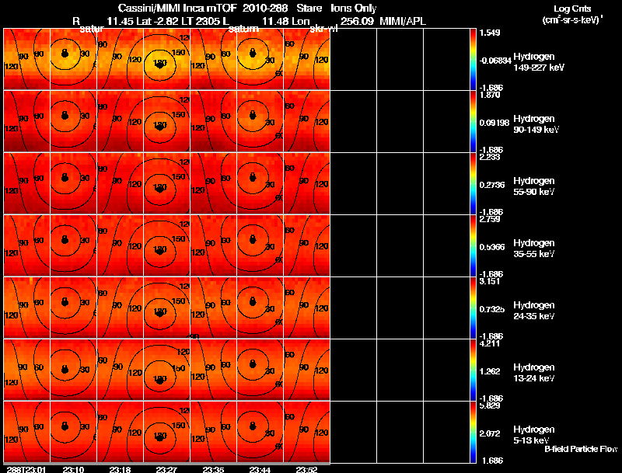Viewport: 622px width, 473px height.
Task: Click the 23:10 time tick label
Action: pyautogui.click(x=74, y=469)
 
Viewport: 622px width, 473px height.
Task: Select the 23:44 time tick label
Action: pyautogui.click(x=260, y=469)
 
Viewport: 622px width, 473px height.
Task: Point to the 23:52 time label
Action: pyautogui.click(x=306, y=469)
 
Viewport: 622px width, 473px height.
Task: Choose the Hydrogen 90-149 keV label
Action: pyautogui.click(x=536, y=124)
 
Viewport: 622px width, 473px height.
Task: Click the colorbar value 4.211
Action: pyautogui.click(x=491, y=343)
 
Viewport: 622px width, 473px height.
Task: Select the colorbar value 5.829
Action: pyautogui.click(x=491, y=405)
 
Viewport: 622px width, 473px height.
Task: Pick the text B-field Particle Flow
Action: pyautogui.click(x=581, y=449)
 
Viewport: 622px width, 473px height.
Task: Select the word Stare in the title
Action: pyautogui.click(x=309, y=8)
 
